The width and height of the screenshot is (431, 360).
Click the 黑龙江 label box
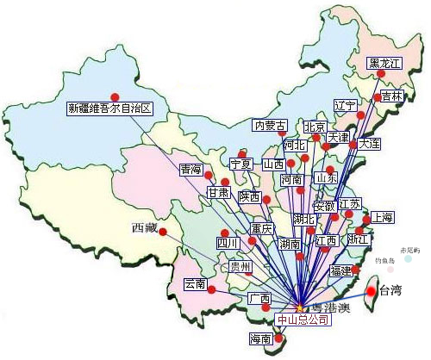click(x=384, y=63)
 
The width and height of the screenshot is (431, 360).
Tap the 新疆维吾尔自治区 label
click(x=109, y=108)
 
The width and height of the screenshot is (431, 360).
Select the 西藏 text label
click(x=145, y=228)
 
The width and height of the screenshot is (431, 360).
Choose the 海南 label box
click(x=260, y=338)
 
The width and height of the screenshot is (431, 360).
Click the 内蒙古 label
click(x=269, y=126)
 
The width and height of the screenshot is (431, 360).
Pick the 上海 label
click(x=382, y=216)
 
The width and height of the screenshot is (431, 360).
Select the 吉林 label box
click(x=392, y=96)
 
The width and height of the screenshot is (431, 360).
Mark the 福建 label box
click(x=341, y=270)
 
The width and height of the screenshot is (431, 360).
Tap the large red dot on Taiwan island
click(x=372, y=291)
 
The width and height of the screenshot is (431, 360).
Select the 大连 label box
click(x=369, y=144)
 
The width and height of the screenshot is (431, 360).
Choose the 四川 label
click(x=227, y=244)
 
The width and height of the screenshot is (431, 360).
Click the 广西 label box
click(x=259, y=299)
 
